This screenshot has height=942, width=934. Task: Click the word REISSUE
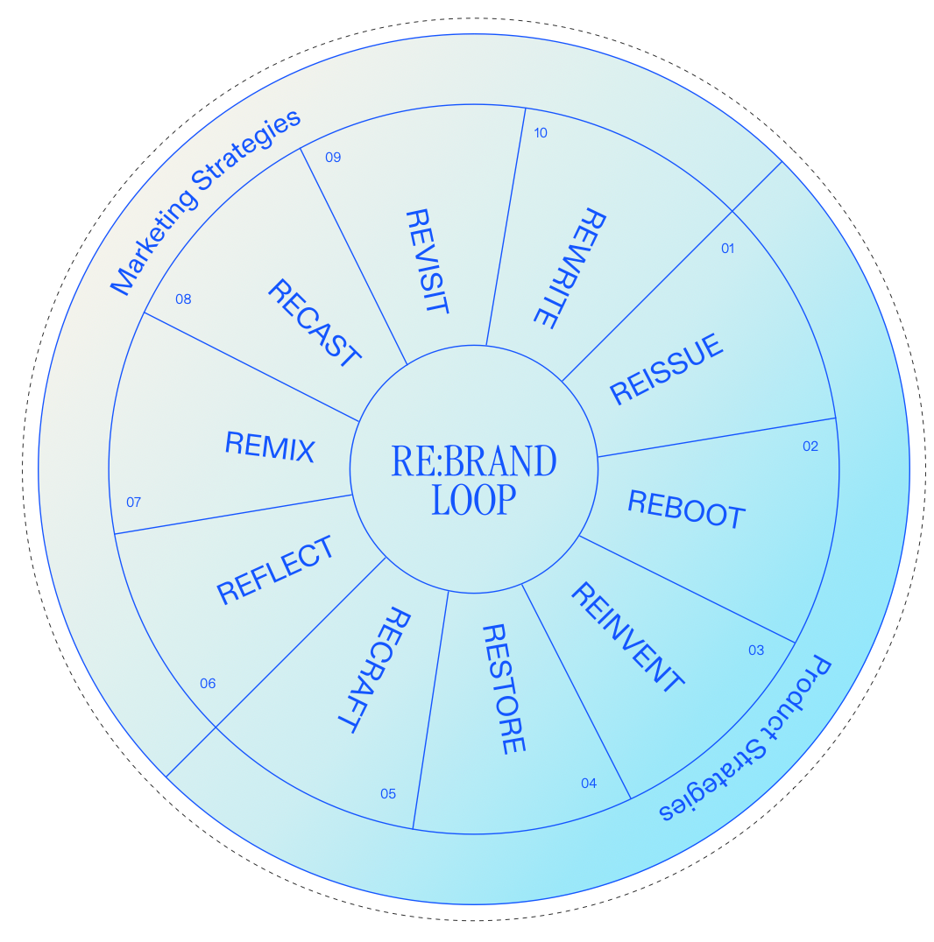(668, 369)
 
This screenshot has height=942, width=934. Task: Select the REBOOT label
(686, 509)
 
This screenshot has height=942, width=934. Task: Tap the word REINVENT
(626, 637)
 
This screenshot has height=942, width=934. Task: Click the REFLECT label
(276, 570)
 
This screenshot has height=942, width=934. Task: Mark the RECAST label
(314, 322)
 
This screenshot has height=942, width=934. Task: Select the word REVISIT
(427, 262)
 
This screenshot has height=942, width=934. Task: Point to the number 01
(727, 249)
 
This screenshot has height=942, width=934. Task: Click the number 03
(756, 650)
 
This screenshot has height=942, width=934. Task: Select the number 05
(388, 794)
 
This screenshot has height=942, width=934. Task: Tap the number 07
(133, 503)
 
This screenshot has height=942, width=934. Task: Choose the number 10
(540, 133)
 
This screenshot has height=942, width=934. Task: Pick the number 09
(333, 158)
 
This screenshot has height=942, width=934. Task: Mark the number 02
(810, 446)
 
